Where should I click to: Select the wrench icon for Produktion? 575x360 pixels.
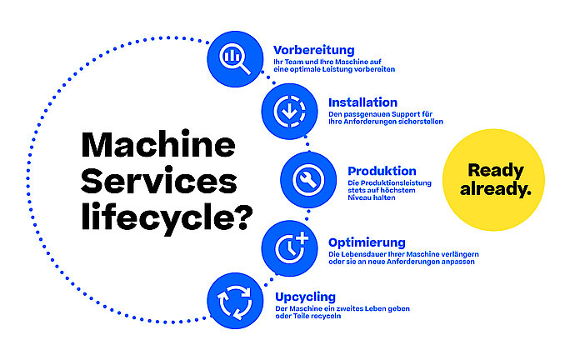305,177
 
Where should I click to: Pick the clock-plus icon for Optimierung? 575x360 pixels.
287,246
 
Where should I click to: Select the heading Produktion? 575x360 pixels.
382,171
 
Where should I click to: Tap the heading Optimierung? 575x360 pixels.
367,242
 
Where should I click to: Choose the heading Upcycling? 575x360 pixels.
305,296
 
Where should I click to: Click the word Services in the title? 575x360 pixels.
158,182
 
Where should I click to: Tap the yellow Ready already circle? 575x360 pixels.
496,178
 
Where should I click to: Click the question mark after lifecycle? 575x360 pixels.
240,217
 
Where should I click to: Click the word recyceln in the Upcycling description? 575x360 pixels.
325,316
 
